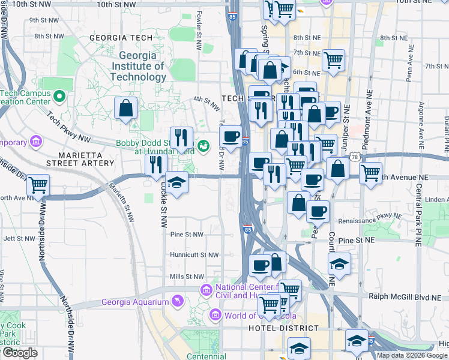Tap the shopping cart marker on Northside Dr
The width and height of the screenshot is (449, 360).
click(x=38, y=185)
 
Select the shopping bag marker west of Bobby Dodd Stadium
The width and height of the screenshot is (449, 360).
click(x=126, y=109)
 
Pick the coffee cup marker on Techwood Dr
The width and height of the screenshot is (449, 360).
click(x=231, y=137)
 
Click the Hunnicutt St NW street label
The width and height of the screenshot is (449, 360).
click(x=194, y=255)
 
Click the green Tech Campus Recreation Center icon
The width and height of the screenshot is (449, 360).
click(x=59, y=95)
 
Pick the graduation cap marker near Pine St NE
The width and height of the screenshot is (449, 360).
click(x=339, y=263)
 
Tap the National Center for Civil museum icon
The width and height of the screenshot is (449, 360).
click(x=206, y=290)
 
